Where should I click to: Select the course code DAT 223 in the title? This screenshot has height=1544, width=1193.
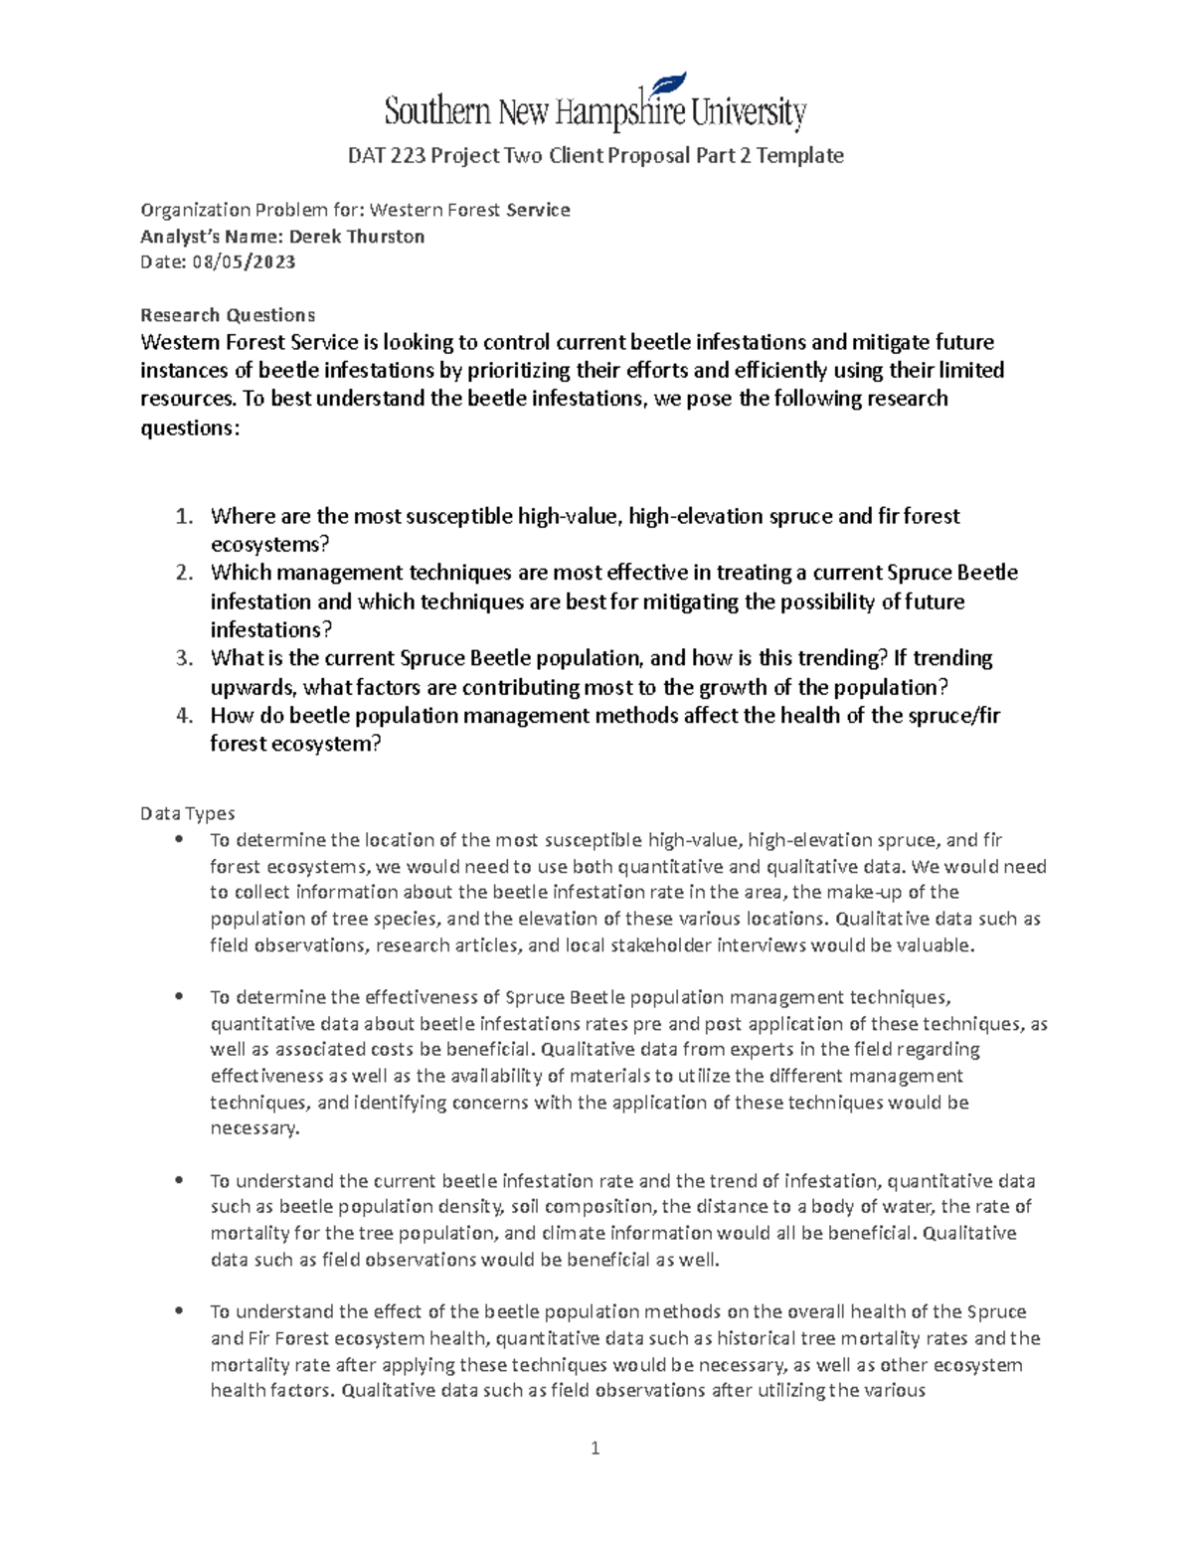coord(383,156)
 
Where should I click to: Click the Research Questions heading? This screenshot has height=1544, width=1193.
coord(228,315)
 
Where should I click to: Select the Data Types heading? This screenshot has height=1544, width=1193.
coord(188,813)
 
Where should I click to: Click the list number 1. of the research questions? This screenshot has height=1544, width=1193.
coord(183,517)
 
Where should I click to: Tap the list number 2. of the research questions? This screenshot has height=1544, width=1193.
coord(183,574)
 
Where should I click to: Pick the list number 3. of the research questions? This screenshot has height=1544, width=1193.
coord(183,659)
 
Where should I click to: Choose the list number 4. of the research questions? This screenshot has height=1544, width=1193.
coord(183,716)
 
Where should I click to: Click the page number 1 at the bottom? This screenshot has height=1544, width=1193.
coord(596,1449)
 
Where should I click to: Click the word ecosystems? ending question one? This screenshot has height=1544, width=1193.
coord(269,545)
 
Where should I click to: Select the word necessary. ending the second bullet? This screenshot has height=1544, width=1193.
coord(255,1128)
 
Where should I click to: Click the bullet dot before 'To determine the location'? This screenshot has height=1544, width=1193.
coord(179,840)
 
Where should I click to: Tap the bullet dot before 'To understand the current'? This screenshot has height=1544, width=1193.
coord(179,1181)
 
